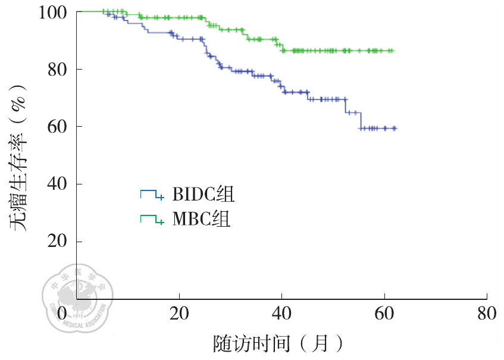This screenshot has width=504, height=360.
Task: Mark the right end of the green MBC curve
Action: point(393,51)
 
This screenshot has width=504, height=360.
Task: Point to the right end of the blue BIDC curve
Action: point(395,128)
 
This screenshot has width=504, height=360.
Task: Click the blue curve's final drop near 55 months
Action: point(360,121)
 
